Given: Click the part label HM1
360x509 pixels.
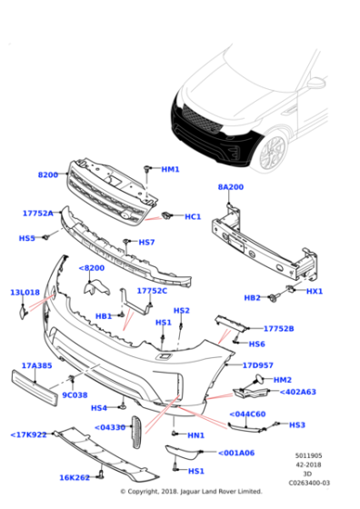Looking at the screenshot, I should click(170, 169).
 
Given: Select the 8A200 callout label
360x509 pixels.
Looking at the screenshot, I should click(230, 186).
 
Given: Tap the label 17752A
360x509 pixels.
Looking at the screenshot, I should click(38, 214).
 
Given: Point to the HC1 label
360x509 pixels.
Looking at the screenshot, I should click(193, 216).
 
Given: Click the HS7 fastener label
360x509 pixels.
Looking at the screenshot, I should click(146, 243).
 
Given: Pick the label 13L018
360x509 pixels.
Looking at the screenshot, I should click(25, 293).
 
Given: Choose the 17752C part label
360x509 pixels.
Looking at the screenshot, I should click(152, 291).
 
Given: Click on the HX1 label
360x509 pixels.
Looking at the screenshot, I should click(315, 291).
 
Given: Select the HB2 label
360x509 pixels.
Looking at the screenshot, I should click(253, 297).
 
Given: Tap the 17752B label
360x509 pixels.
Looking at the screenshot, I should click(278, 328).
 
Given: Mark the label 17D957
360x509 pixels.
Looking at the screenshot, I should click(257, 365).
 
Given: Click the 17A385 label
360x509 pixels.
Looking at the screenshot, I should click(36, 366).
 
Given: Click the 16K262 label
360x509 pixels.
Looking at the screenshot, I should click(74, 477).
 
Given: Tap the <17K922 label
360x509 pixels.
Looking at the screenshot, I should click(29, 434).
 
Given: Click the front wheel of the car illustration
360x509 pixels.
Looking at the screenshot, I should click(272, 152).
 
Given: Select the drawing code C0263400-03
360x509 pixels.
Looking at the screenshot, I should click(309, 483).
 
